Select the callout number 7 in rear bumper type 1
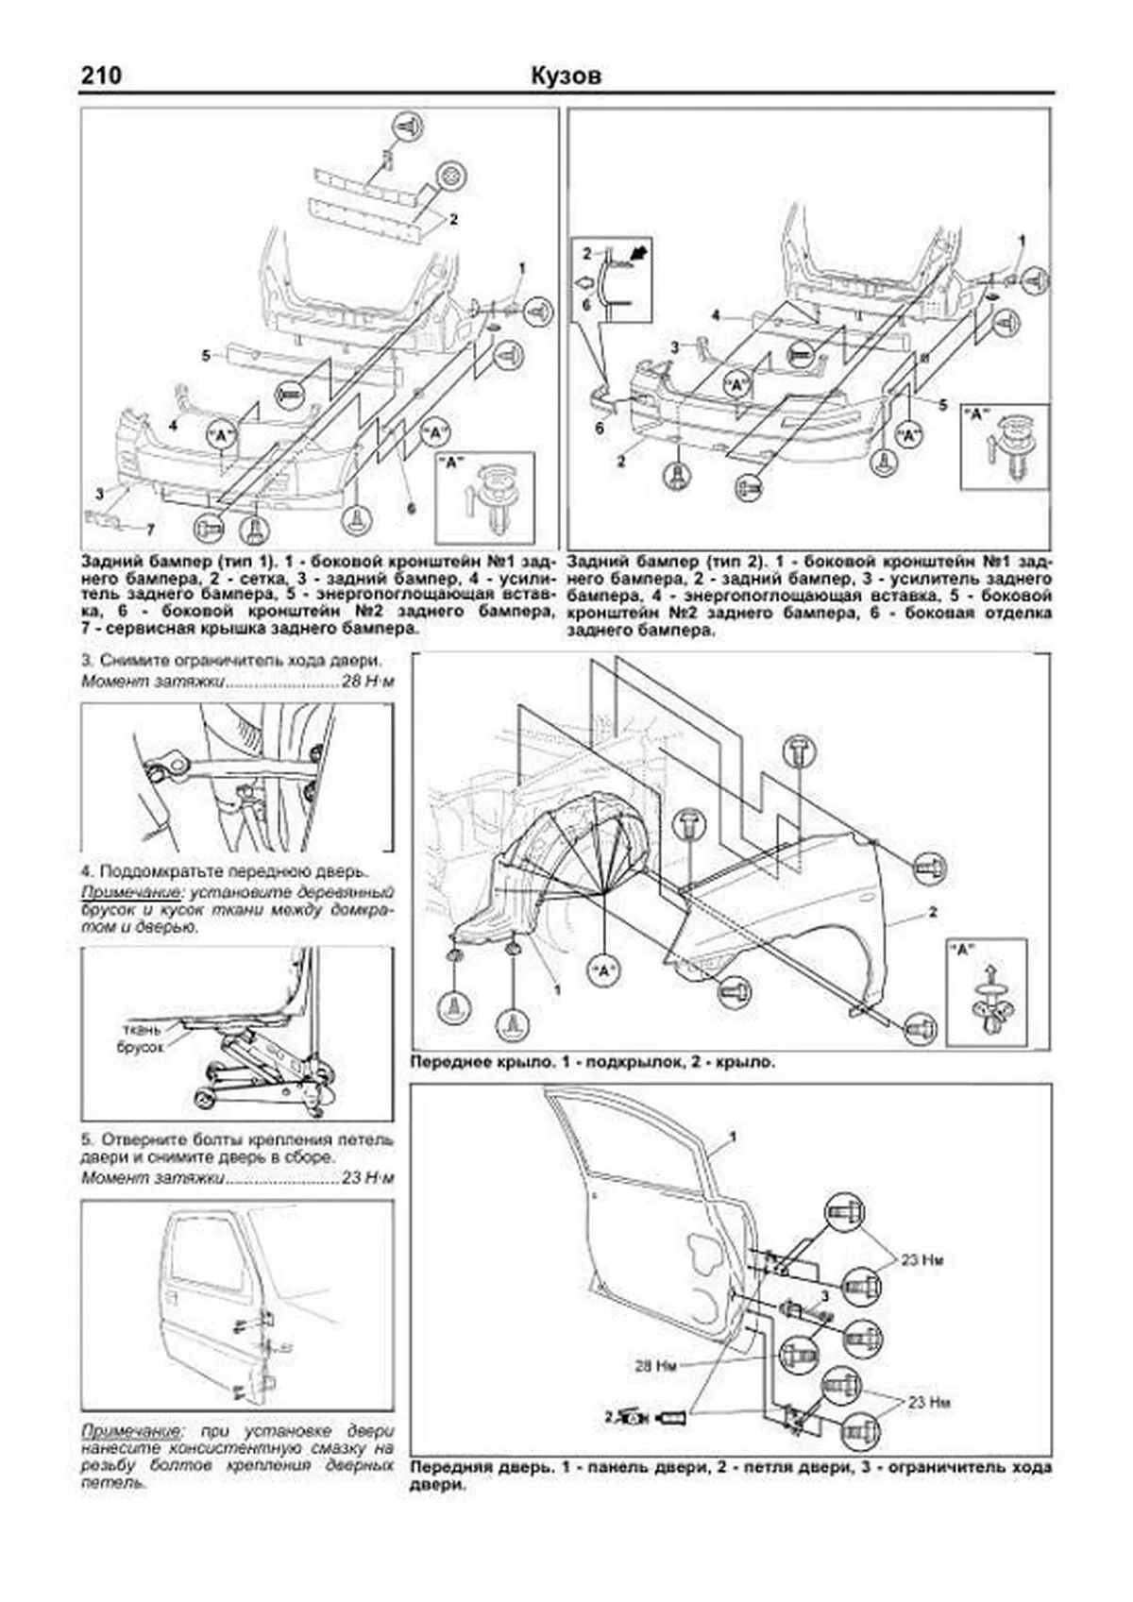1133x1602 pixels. point(148,529)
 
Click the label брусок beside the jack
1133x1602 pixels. point(140,1047)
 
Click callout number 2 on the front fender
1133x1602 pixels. point(932,912)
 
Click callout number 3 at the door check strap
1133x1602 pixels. point(823,1296)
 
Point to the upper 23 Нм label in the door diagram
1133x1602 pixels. point(922,1259)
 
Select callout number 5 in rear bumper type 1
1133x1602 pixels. point(205,356)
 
